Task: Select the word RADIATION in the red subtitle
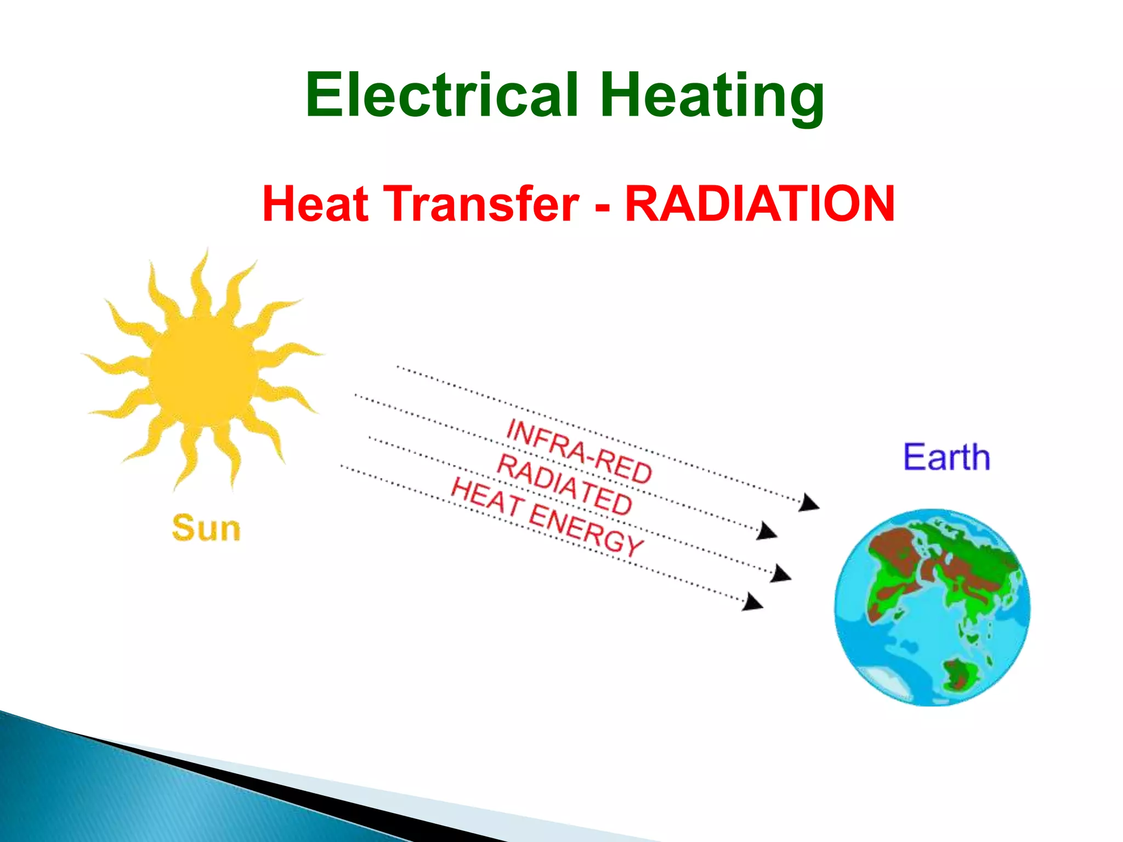point(760,204)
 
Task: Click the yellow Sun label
point(206,528)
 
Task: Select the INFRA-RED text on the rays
point(579,451)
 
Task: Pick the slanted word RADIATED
point(565,486)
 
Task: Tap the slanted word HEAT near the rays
point(486,497)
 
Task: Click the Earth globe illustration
point(932,607)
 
